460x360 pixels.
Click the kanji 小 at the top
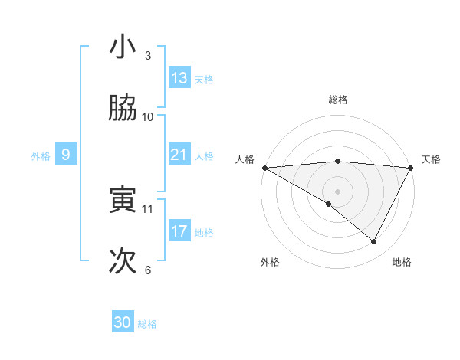click(123, 47)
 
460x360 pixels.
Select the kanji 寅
click(123, 200)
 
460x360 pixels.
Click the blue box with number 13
click(179, 78)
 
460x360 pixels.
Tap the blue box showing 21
click(179, 155)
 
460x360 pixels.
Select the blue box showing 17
click(179, 231)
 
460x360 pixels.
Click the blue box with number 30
click(123, 322)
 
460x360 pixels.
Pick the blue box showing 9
click(66, 155)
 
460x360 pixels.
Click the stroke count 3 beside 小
click(147, 56)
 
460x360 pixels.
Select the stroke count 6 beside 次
click(147, 270)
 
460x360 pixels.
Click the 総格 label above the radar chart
click(337, 100)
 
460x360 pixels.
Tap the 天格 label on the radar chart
click(431, 159)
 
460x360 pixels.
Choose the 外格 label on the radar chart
click(270, 262)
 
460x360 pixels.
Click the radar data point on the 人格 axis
click(264, 167)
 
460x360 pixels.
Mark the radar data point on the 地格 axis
click(374, 242)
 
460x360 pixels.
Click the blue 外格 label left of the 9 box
click(41, 155)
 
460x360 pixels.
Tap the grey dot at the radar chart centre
click(337, 191)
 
